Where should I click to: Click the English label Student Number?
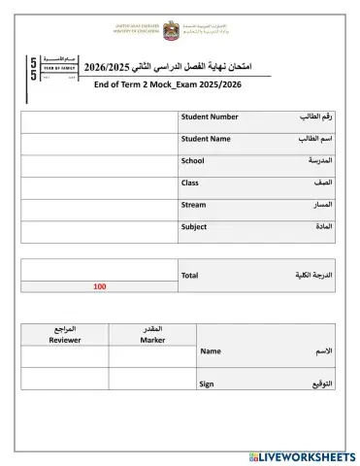point(210,117)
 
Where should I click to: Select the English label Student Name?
point(206,139)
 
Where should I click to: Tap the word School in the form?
point(193,161)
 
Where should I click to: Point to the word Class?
point(190,183)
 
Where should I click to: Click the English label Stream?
point(194,205)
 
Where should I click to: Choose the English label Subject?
point(194,226)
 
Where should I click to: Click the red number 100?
point(100,286)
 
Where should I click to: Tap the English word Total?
point(190,276)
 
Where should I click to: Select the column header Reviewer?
point(65,340)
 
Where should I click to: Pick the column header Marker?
point(152,340)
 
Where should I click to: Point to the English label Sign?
point(207,383)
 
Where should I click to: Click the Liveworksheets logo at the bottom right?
point(302,455)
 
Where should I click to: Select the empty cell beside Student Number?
point(99,122)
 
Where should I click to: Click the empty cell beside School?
point(99,166)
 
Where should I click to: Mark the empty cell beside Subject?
point(99,231)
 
